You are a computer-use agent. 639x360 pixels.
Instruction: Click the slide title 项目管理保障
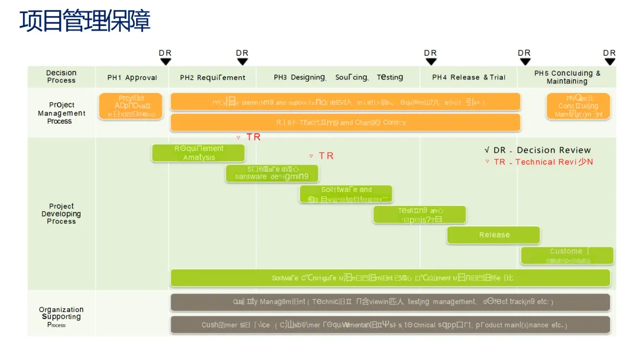pyautogui.click(x=85, y=21)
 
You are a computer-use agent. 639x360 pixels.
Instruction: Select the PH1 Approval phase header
pyautogui.click(x=132, y=78)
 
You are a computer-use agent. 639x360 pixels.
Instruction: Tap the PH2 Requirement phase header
pyautogui.click(x=212, y=78)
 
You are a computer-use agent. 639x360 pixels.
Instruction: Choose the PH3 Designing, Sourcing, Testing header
pyautogui.click(x=338, y=78)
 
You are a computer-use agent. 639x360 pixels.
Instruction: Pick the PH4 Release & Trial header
pyautogui.click(x=469, y=78)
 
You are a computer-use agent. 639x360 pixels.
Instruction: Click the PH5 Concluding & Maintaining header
pyautogui.click(x=567, y=77)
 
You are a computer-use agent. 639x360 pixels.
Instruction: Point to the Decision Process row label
pyautogui.click(x=62, y=76)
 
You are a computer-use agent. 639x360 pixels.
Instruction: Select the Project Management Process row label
pyautogui.click(x=62, y=113)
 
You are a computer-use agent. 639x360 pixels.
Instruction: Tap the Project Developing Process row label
pyautogui.click(x=62, y=214)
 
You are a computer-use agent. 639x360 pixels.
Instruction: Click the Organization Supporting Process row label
pyautogui.click(x=62, y=316)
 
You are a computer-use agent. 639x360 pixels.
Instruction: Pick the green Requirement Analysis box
pyautogui.click(x=198, y=153)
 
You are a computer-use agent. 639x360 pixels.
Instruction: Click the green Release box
pyautogui.click(x=493, y=235)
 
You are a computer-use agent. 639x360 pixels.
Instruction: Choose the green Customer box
pyautogui.click(x=567, y=255)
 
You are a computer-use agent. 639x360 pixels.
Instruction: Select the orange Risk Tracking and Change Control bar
pyautogui.click(x=345, y=123)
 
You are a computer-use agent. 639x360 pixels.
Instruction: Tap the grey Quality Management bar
pyautogui.click(x=390, y=302)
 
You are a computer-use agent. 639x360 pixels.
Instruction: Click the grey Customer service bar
pyautogui.click(x=390, y=324)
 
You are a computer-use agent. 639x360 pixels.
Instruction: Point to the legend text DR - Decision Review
pyautogui.click(x=538, y=150)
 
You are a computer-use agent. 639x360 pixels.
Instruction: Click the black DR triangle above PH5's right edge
pyautogui.click(x=610, y=62)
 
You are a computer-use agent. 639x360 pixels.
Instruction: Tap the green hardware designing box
pyautogui.click(x=272, y=173)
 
